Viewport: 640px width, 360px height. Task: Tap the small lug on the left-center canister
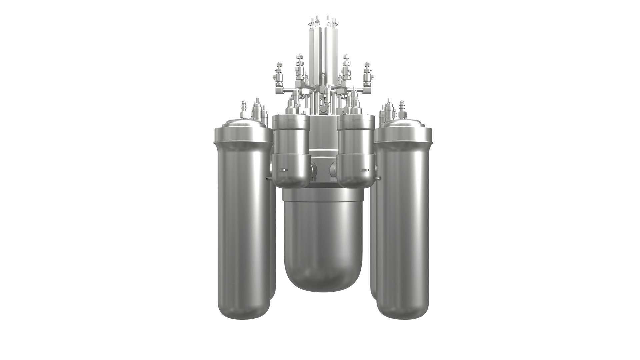283,171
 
